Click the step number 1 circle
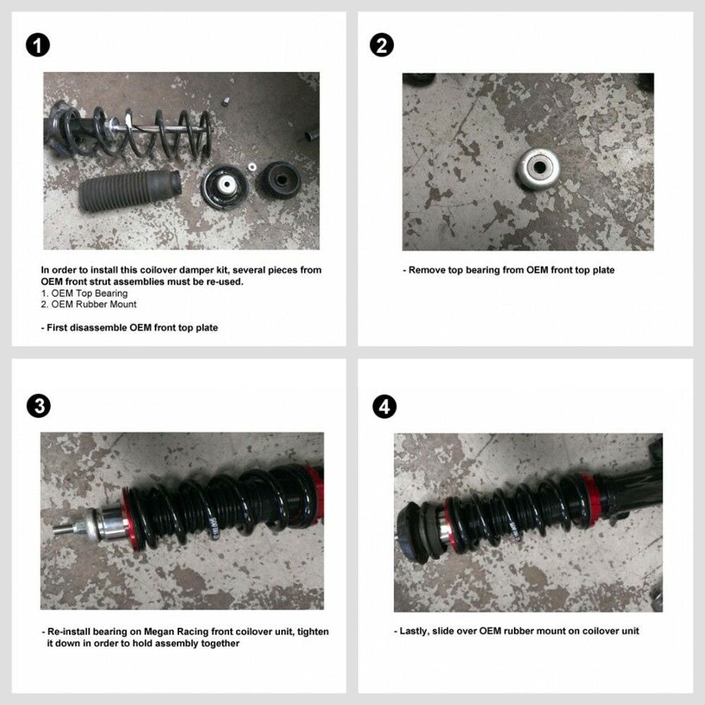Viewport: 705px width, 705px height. [x=38, y=45]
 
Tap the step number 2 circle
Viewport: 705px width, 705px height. [x=381, y=45]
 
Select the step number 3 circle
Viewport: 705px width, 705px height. [x=39, y=406]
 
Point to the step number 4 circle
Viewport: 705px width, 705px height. [x=384, y=407]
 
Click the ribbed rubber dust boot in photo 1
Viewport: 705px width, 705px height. [x=130, y=190]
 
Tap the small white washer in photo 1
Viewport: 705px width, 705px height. [x=252, y=167]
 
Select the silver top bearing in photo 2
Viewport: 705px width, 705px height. [x=538, y=168]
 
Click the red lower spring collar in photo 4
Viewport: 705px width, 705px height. [x=589, y=499]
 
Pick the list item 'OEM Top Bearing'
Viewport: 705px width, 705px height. [x=85, y=293]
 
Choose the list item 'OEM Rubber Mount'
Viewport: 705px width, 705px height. [x=89, y=305]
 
